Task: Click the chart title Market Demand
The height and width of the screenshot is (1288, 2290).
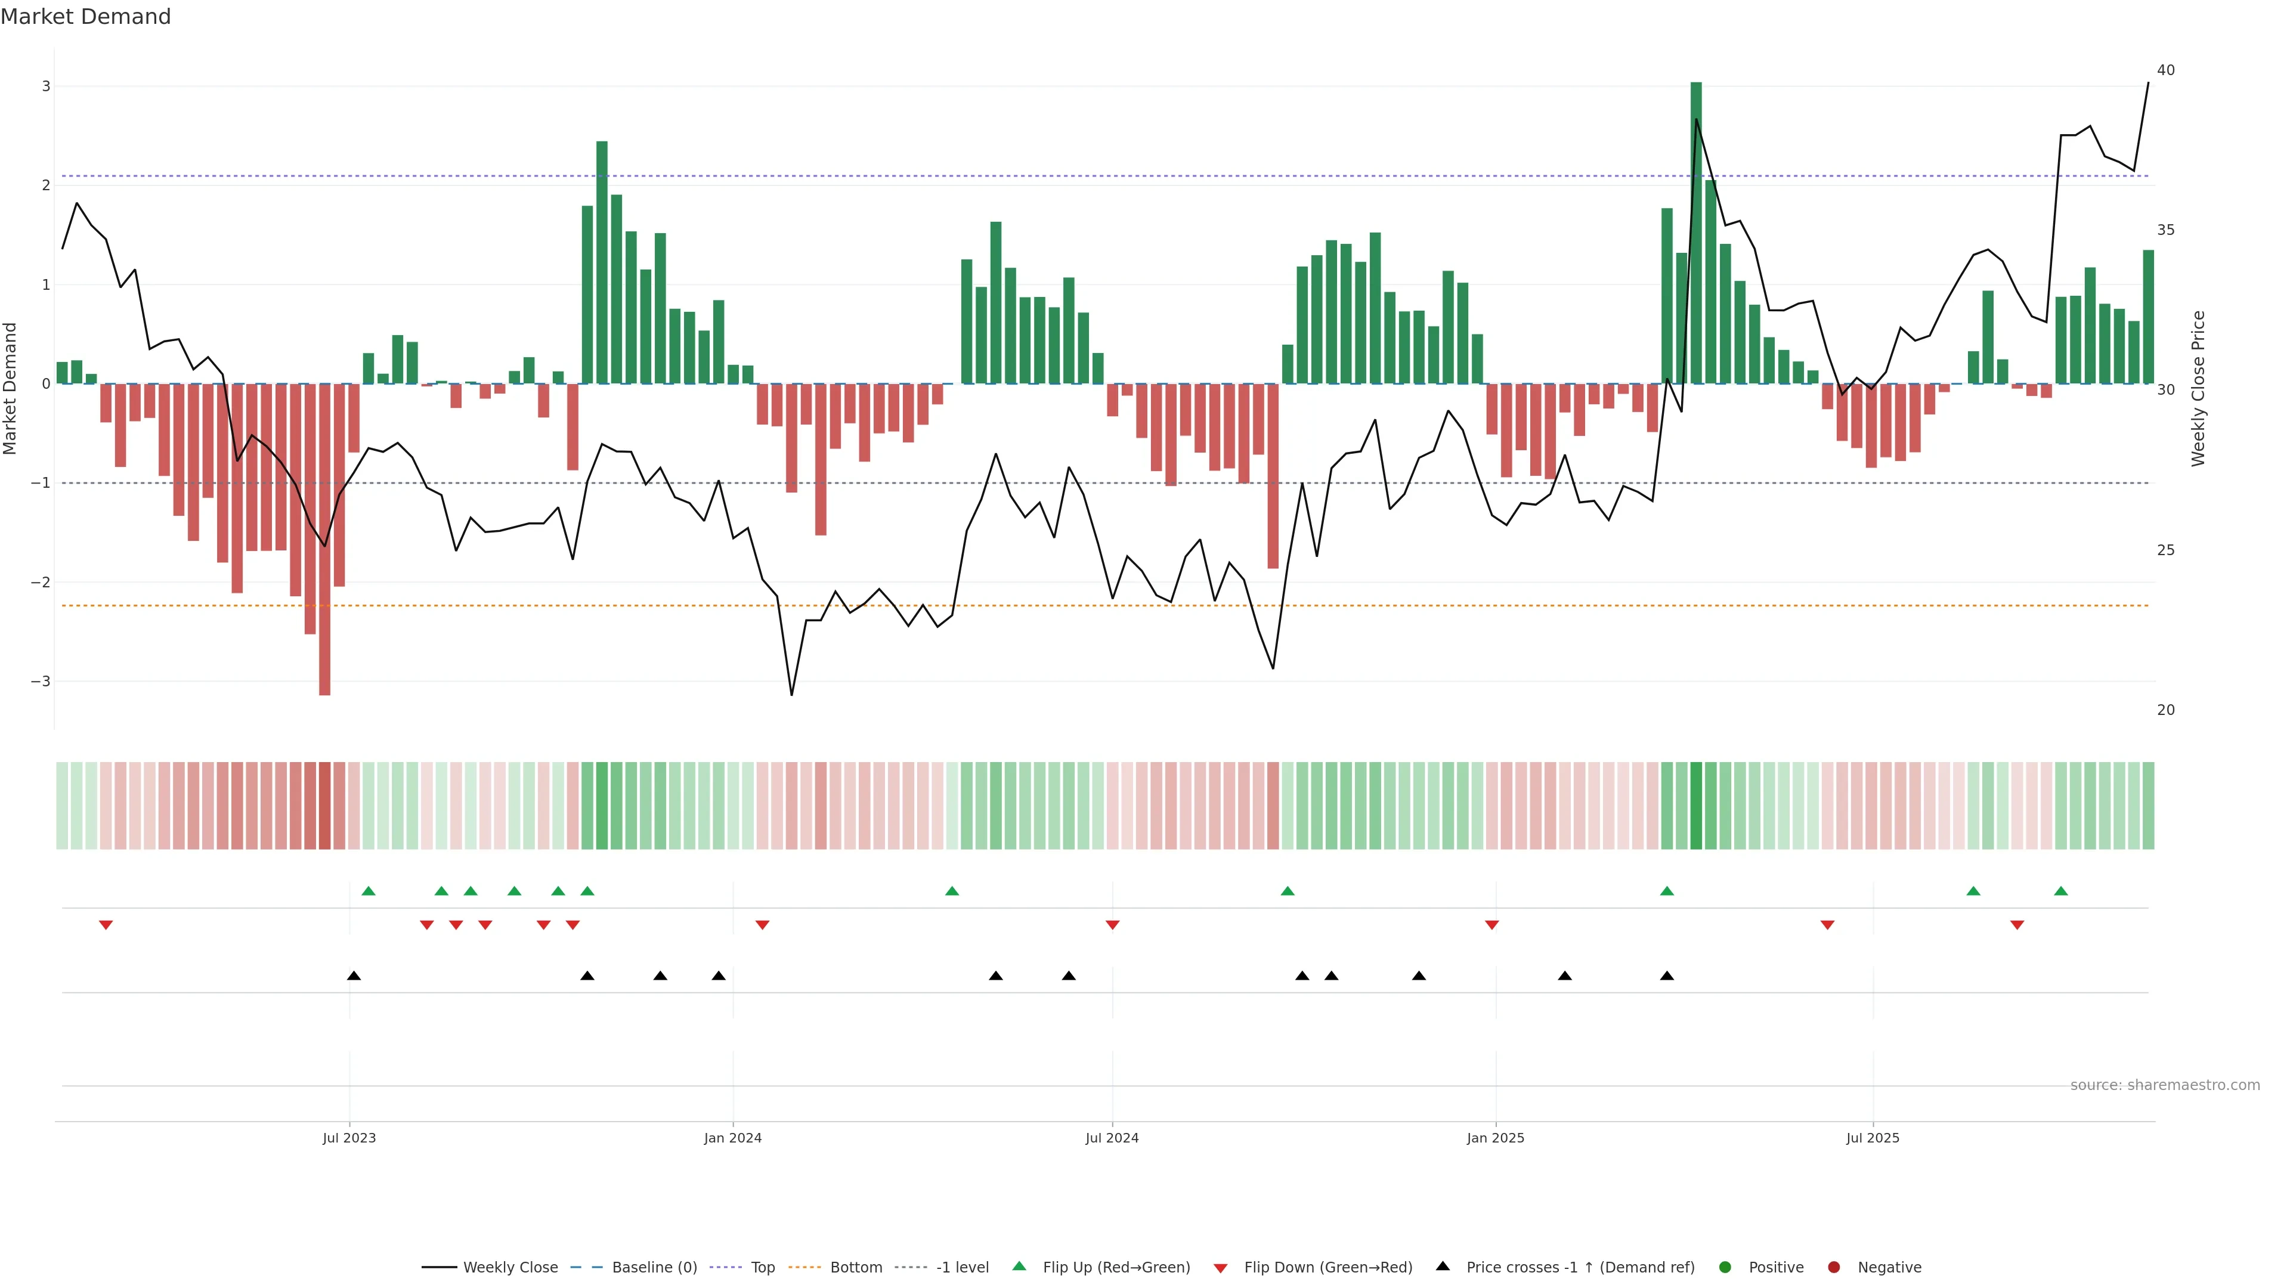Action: point(85,17)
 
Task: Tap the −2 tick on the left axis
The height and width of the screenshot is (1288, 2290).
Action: point(41,582)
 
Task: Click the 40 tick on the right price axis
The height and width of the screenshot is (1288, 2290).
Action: point(2165,70)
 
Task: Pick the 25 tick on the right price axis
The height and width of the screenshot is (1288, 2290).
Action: point(2165,550)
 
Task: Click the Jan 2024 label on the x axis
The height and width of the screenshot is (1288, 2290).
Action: point(732,1138)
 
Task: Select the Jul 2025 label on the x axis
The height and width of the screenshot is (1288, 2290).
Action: point(1872,1138)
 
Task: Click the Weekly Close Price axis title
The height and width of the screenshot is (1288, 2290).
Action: point(2198,388)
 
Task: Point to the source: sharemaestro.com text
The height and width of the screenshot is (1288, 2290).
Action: point(2165,1085)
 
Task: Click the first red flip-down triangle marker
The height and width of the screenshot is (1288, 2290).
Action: point(106,925)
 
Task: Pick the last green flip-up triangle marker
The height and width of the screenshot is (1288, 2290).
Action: point(2060,891)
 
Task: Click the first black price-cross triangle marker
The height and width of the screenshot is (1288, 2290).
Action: point(354,976)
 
